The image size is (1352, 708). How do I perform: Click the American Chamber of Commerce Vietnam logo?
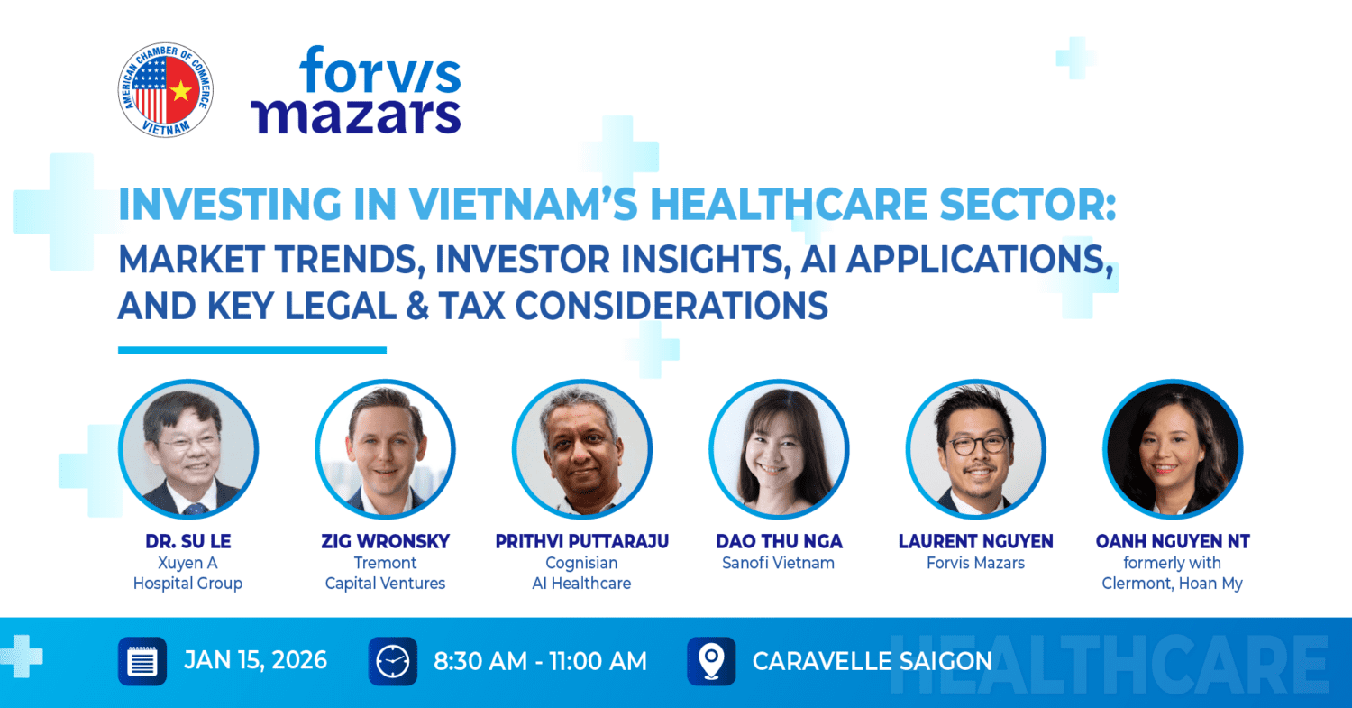pos(165,90)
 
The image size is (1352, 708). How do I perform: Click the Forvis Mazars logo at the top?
pos(356,90)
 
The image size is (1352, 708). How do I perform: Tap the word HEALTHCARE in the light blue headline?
pos(789,204)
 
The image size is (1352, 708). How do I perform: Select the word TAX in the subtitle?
pos(471,306)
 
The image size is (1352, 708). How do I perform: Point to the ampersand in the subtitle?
pos(417,306)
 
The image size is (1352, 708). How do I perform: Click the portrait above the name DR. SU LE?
pos(188,449)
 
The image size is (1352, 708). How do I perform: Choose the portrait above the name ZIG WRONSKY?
pos(385,449)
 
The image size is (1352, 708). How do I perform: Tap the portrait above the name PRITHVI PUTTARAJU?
pos(582,449)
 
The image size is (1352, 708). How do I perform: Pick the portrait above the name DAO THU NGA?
pos(779,449)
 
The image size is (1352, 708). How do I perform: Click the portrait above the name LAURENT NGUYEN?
pos(975,449)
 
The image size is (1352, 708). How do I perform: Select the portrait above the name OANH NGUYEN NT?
pos(1172,449)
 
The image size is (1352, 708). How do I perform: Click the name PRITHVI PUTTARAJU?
pos(582,541)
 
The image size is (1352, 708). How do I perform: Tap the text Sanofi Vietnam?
pos(779,563)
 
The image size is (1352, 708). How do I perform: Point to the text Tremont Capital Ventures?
pos(385,573)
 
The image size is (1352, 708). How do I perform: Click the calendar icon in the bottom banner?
pos(142,661)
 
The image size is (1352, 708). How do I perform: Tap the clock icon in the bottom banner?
pos(393,661)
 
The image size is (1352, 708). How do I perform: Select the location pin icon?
pos(712,661)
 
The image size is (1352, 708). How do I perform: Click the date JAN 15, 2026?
pos(255,661)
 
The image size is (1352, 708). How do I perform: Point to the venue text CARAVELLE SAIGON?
pos(872,661)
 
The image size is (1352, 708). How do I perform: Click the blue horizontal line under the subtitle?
pos(252,350)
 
